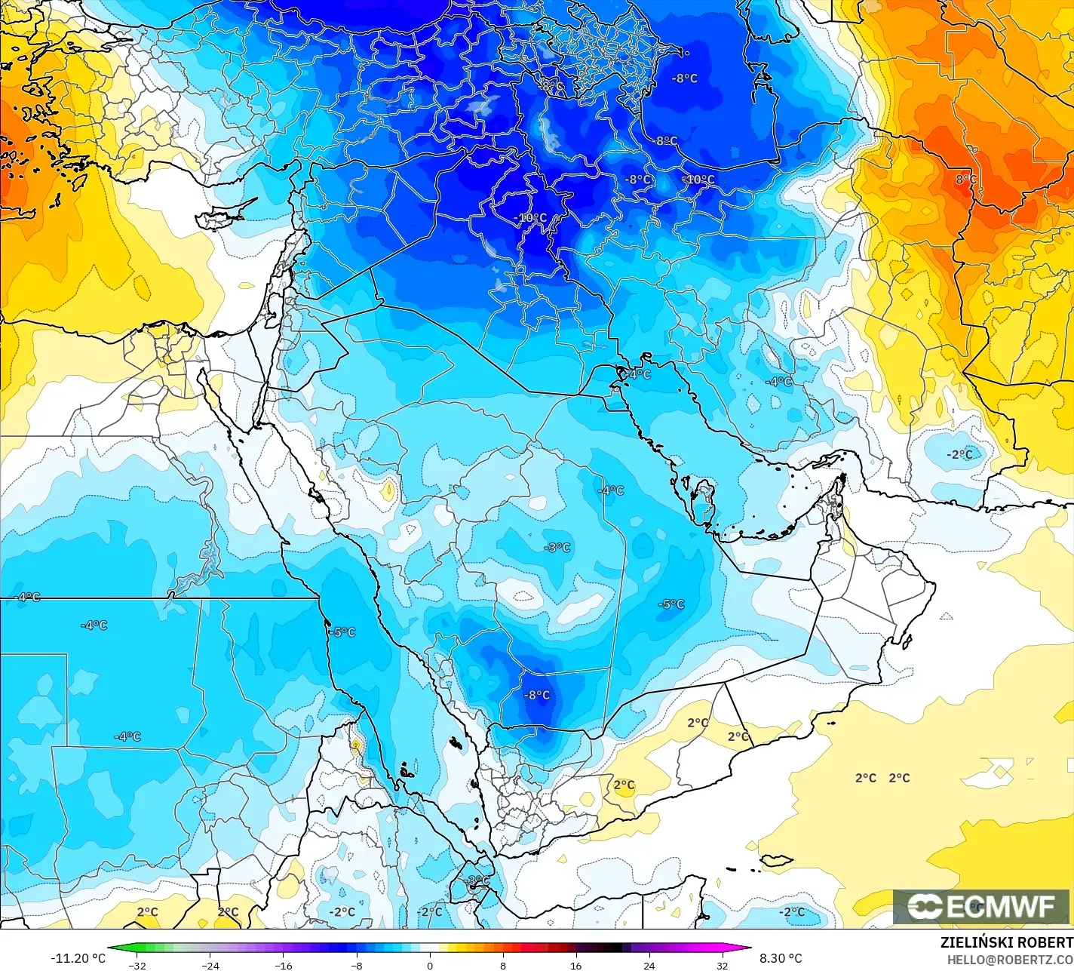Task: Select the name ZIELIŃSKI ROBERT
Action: pos(1006,943)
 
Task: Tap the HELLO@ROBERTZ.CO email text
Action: pos(1010,959)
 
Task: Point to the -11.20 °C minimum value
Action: pos(78,958)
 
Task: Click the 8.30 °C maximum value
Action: pos(781,958)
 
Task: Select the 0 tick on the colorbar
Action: pos(430,965)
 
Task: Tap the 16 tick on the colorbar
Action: pos(575,965)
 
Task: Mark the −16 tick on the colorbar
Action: pos(283,965)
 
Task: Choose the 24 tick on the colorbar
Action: pos(649,965)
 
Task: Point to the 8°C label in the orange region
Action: pos(965,180)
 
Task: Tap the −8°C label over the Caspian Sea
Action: pos(685,78)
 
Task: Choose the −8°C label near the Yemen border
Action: pos(537,695)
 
